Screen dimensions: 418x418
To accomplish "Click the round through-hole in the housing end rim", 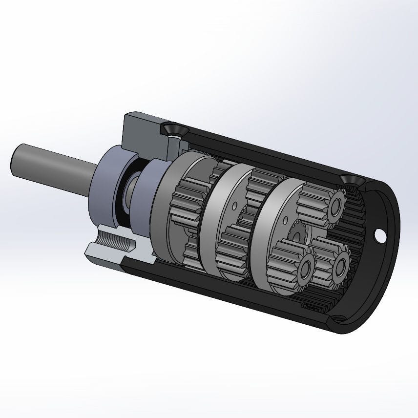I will click(x=379, y=236).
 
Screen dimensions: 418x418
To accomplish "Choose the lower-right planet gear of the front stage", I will click(x=332, y=264).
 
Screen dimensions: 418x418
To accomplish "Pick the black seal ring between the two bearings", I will click(x=131, y=195).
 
